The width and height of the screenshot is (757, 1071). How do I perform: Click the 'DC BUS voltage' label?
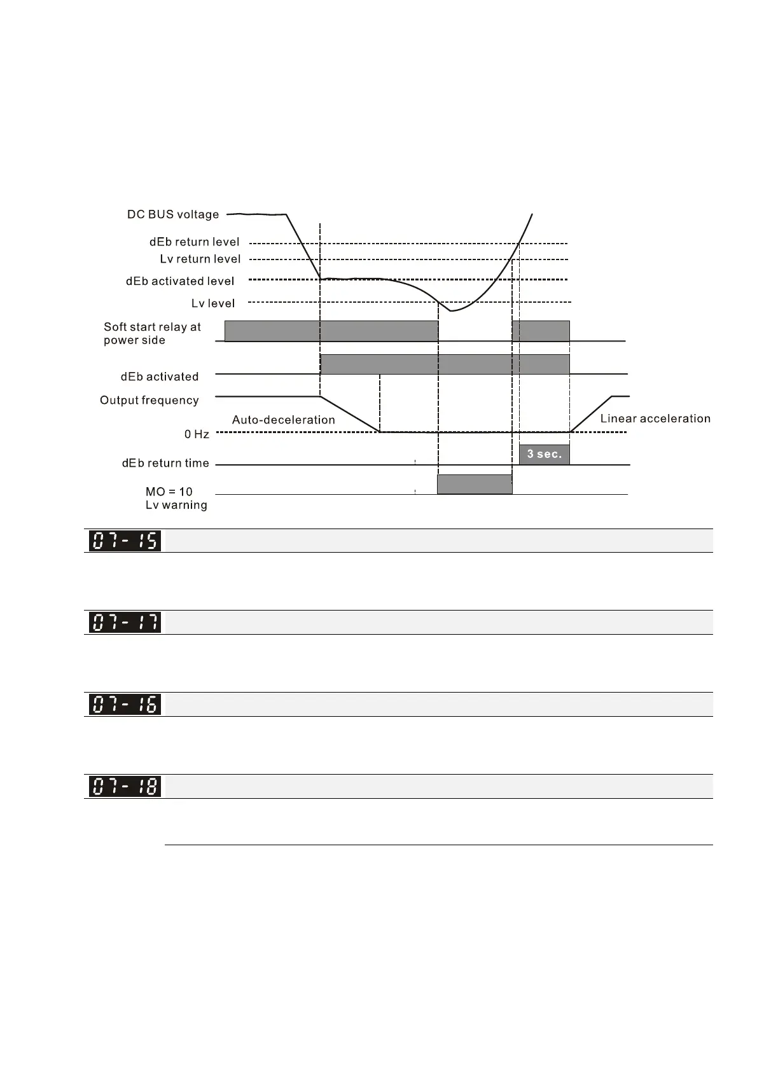pyautogui.click(x=173, y=214)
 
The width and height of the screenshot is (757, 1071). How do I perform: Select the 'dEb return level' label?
pyautogui.click(x=194, y=242)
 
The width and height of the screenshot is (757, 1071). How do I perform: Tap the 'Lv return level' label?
pyautogui.click(x=200, y=259)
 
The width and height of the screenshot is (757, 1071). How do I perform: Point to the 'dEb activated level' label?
pyautogui.click(x=180, y=281)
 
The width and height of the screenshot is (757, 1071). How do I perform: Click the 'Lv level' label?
pyautogui.click(x=213, y=303)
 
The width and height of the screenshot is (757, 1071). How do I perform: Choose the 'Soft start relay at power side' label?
pyautogui.click(x=152, y=333)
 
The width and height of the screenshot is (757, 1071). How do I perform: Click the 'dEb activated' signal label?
pyautogui.click(x=160, y=377)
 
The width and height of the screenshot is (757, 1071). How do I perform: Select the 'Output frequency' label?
pyautogui.click(x=149, y=400)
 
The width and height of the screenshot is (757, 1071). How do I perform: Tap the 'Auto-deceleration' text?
pyautogui.click(x=283, y=420)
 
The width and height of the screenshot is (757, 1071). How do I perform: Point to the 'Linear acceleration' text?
pyautogui.click(x=655, y=418)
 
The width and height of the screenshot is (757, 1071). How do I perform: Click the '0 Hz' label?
pyautogui.click(x=197, y=434)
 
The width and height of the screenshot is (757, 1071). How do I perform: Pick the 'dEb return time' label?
pyautogui.click(x=165, y=463)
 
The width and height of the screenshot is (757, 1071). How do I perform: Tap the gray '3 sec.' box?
pyautogui.click(x=545, y=454)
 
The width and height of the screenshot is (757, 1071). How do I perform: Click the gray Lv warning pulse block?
pyautogui.click(x=475, y=484)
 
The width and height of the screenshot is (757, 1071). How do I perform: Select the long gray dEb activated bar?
pyautogui.click(x=445, y=364)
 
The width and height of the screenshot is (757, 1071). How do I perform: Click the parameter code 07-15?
pyautogui.click(x=125, y=541)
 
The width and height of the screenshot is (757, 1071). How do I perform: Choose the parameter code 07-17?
pyautogui.click(x=125, y=622)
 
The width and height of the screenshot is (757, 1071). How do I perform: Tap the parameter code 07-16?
pyautogui.click(x=125, y=704)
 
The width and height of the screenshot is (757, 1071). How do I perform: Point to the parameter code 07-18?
pyautogui.click(x=125, y=786)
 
